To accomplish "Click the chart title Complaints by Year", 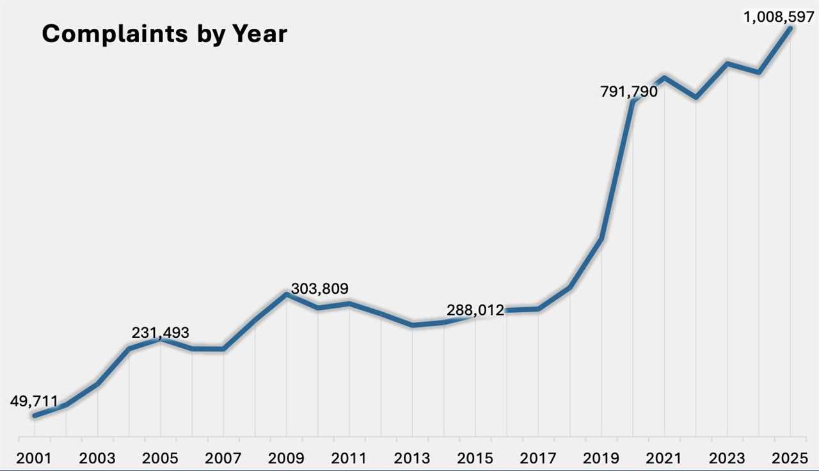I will coord(164,34).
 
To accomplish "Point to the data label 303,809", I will coord(319,289).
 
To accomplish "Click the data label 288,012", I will coord(475,311).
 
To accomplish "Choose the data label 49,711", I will coord(33,401).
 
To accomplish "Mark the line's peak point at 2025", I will coord(791,28).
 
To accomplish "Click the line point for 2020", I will coord(633,101).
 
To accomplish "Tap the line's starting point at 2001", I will coord(35,416).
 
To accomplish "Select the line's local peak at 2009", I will coord(287,294).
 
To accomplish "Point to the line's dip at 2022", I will coord(696,97).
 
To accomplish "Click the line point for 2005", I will coord(161,340).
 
